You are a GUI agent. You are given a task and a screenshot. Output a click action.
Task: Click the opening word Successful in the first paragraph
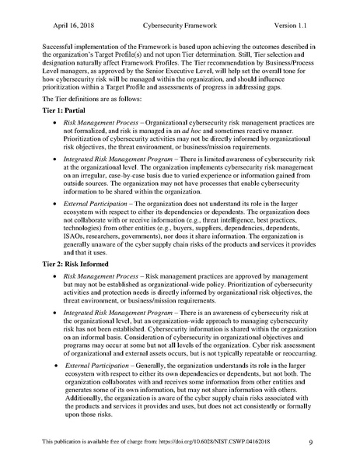(62, 47)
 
